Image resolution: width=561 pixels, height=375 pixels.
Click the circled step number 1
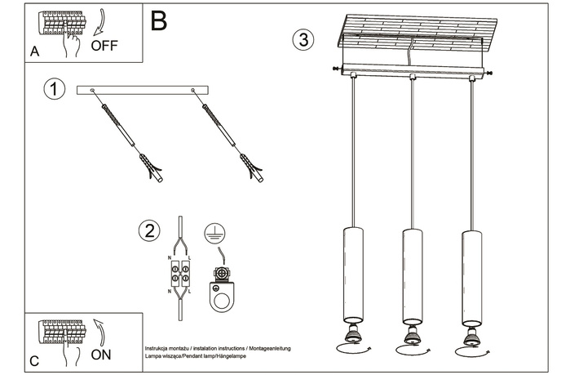click(x=54, y=89)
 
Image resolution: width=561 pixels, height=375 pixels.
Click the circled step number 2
click(x=148, y=230)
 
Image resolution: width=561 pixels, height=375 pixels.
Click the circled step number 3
click(x=303, y=39)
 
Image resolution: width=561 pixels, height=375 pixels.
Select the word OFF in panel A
click(x=104, y=45)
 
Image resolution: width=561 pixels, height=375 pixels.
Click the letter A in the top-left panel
click(x=34, y=51)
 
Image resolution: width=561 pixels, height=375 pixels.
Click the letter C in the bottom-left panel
click(x=33, y=360)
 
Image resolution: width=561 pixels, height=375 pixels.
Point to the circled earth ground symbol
click(x=214, y=232)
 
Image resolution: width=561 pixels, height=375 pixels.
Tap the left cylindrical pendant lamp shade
click(x=353, y=273)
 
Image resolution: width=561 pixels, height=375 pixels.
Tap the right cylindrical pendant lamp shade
click(x=471, y=273)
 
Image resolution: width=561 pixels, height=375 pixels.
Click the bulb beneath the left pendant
click(x=353, y=334)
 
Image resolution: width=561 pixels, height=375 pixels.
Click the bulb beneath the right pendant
click(x=471, y=334)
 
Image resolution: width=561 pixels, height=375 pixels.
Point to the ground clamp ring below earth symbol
click(x=220, y=294)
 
